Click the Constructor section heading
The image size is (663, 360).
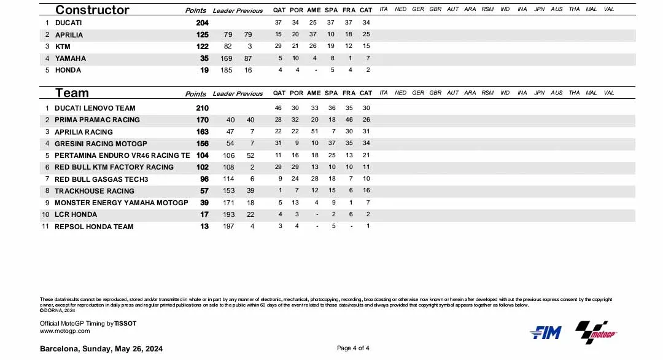(x=92, y=10)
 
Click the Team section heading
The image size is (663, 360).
(x=72, y=93)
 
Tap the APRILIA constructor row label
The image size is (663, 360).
(x=69, y=35)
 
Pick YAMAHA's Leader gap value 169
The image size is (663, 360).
(x=227, y=58)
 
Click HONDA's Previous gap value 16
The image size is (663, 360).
(x=248, y=70)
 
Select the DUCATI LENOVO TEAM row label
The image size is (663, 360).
(x=95, y=108)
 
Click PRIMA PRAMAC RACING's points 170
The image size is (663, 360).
(x=202, y=120)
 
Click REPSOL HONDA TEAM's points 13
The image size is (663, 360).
(x=204, y=227)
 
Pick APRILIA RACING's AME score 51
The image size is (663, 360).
(x=314, y=132)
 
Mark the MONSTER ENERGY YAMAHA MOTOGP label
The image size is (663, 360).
(x=121, y=203)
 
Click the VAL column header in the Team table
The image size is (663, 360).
(x=608, y=93)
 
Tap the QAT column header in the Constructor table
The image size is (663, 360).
(x=279, y=10)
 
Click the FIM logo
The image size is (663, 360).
(x=545, y=332)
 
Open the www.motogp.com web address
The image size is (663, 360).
(x=64, y=331)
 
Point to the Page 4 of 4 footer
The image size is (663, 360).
(x=353, y=348)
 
